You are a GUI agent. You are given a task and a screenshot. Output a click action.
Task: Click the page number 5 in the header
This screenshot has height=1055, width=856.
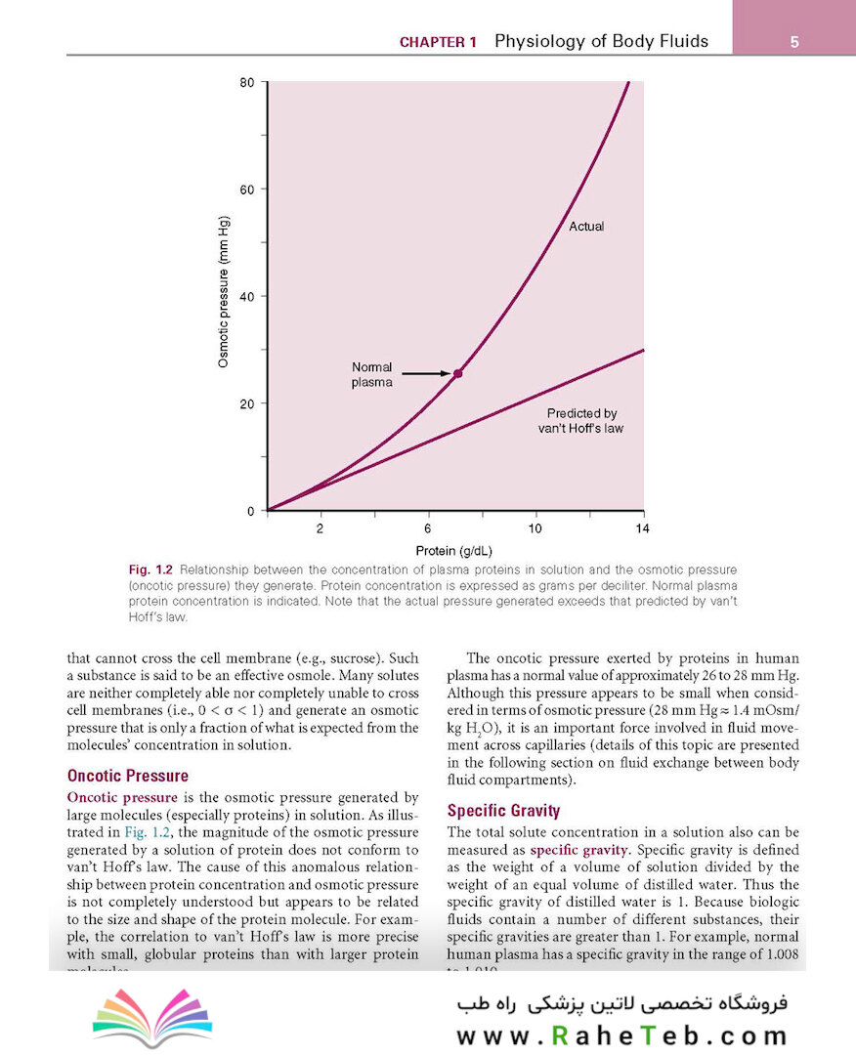[x=794, y=42]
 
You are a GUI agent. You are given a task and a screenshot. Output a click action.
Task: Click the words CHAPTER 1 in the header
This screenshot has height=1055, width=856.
[x=439, y=43]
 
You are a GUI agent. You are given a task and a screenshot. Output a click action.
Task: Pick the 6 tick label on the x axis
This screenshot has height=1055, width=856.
[x=428, y=528]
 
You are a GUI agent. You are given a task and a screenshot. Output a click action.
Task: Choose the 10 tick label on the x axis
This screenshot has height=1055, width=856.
[x=535, y=528]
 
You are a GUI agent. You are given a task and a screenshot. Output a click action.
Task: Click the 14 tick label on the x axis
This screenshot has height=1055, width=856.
[x=642, y=528]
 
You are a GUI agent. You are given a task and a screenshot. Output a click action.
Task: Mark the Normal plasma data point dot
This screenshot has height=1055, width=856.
[x=457, y=373]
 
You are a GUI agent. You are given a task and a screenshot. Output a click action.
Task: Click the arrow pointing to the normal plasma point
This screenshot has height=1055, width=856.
[x=426, y=373]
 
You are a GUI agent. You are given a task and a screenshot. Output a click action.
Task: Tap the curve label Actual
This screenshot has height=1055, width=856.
[x=586, y=227]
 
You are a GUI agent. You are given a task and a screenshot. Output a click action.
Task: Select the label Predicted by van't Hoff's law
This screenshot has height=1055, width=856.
[x=581, y=421]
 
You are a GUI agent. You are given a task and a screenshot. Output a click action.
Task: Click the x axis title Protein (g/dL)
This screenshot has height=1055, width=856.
[x=453, y=550]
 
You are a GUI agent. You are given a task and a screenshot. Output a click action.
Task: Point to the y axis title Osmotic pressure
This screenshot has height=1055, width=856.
[x=224, y=292]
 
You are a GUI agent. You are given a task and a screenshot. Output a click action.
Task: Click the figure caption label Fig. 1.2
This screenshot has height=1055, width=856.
[x=150, y=569]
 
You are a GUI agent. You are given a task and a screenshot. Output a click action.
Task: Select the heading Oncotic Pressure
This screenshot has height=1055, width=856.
[x=127, y=777]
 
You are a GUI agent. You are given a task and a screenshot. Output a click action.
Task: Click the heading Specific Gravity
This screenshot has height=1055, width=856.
[x=503, y=811]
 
